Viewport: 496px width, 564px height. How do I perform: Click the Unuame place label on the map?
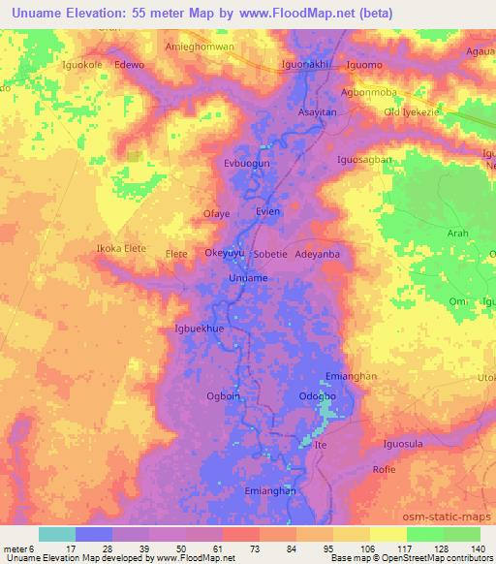pyautogui.click(x=248, y=278)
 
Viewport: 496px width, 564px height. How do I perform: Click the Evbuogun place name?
pyautogui.click(x=246, y=165)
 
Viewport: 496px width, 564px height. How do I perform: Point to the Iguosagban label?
pyautogui.click(x=364, y=159)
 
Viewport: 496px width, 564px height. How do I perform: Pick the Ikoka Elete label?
pyautogui.click(x=121, y=249)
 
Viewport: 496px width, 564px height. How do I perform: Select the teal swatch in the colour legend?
pyautogui.click(x=57, y=534)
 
